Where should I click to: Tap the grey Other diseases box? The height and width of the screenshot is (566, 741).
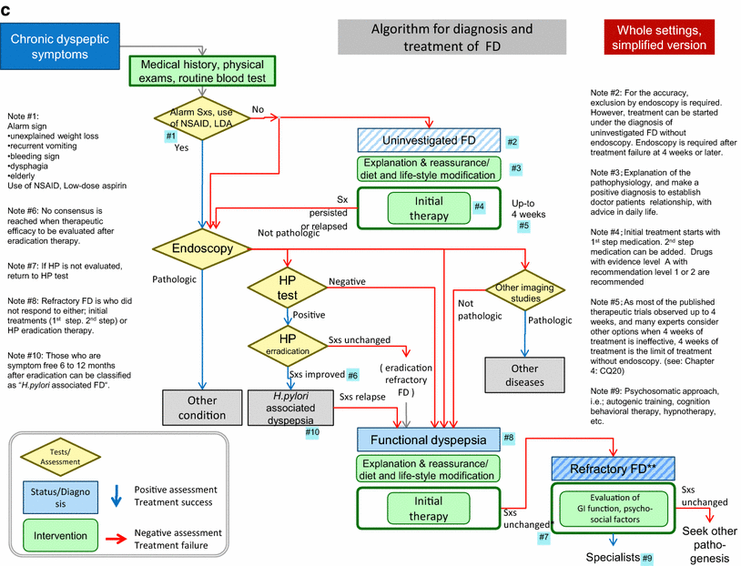pyautogui.click(x=525, y=376)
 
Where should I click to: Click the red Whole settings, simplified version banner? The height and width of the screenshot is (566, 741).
pyautogui.click(x=660, y=36)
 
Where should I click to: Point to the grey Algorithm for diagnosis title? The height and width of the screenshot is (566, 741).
pyautogui.click(x=452, y=36)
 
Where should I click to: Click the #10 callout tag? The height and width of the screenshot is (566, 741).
pyautogui.click(x=312, y=431)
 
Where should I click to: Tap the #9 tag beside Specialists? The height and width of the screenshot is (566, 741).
pyautogui.click(x=646, y=557)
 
